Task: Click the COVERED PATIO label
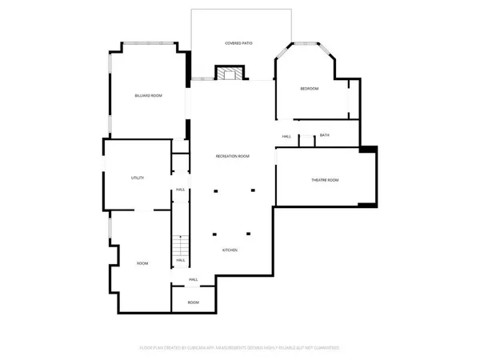point(238,42)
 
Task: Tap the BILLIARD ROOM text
point(149,96)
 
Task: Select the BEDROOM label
point(310,88)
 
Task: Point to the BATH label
point(324,135)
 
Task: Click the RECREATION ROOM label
point(233,156)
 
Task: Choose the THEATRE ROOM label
point(325,180)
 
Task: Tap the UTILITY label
point(137,178)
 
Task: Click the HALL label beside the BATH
point(286,137)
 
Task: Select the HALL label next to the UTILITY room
point(181,190)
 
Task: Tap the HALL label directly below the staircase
point(181,260)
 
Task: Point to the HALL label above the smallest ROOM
point(193,279)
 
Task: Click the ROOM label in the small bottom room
point(193,302)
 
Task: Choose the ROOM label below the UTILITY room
point(142,263)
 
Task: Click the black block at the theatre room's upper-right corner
point(368,149)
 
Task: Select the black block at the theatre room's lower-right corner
point(368,206)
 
